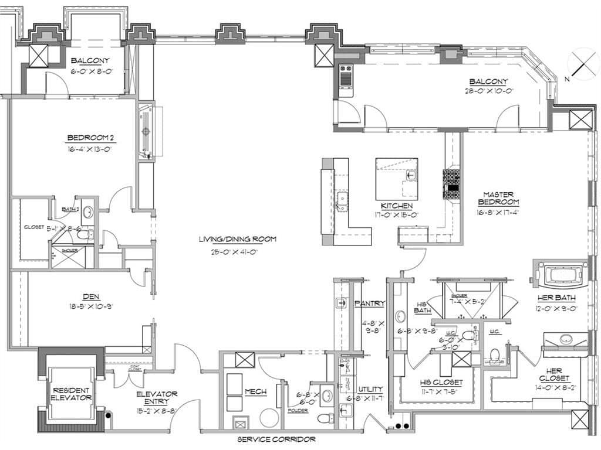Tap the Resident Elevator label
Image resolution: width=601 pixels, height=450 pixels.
[72, 394]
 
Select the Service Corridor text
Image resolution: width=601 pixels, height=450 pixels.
[276, 439]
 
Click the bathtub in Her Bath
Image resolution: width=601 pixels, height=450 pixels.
[562, 274]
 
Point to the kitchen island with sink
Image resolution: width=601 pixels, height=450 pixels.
[397, 179]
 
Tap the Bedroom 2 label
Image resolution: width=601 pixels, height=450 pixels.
[90, 138]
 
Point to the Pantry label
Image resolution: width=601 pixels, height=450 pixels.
[370, 304]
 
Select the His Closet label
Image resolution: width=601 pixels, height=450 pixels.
[441, 382]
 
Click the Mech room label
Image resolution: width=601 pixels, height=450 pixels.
[256, 392]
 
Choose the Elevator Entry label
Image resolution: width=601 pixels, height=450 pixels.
[156, 398]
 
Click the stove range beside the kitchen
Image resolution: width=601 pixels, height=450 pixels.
[452, 183]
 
